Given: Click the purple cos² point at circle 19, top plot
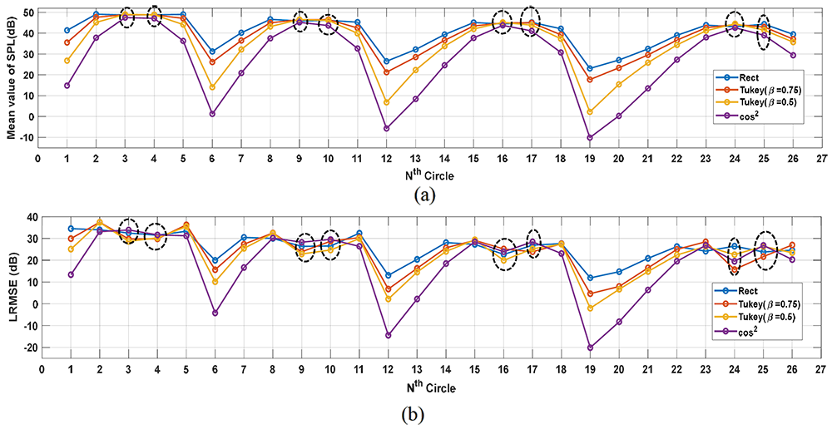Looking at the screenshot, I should [x=590, y=138].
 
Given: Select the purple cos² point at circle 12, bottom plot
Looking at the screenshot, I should [x=387, y=335].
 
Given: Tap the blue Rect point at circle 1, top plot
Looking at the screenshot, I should [x=67, y=30].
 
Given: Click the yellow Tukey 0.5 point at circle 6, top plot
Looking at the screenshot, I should [x=212, y=87].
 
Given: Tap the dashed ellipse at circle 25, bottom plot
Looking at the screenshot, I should [x=765, y=249].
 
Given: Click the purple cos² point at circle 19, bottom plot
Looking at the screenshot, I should [x=590, y=348].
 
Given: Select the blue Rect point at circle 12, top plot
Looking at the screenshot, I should [x=387, y=62].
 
